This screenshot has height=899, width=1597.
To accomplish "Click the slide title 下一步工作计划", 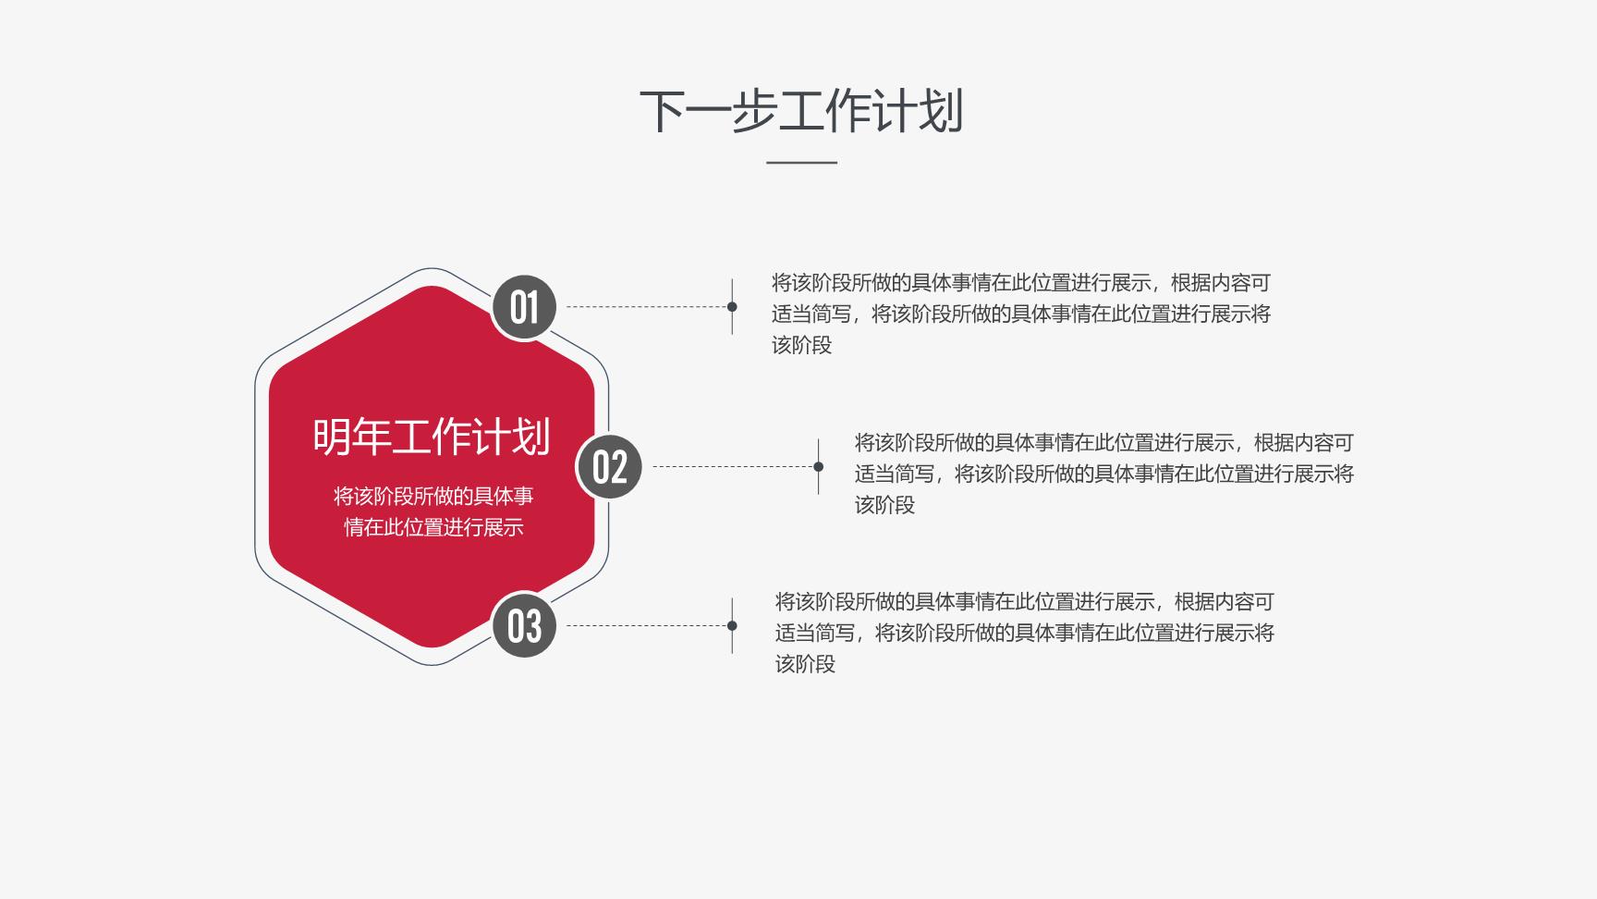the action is [801, 111].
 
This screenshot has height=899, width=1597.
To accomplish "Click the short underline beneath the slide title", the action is [801, 163].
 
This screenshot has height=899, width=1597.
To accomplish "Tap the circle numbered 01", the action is [524, 307].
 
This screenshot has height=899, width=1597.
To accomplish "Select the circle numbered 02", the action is [609, 466].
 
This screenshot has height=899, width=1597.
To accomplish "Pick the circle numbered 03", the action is [524, 625].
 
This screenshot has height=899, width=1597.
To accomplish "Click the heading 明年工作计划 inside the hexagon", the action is [432, 437].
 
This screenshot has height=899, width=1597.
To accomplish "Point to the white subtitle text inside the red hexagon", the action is [433, 511].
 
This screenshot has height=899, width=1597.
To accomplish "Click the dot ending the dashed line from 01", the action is [732, 306].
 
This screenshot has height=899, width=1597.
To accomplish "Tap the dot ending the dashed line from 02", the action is [818, 466].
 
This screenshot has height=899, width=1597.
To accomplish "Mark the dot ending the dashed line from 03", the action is [732, 625].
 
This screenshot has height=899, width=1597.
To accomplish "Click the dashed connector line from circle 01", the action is [646, 306].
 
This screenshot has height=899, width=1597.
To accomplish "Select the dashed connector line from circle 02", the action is [733, 466].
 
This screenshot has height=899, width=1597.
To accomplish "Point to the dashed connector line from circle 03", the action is [646, 625].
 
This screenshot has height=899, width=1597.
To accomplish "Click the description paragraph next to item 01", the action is [1021, 314].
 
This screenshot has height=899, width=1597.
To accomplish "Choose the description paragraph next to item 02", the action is [1104, 474].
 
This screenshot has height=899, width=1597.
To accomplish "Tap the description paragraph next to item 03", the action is [1025, 633].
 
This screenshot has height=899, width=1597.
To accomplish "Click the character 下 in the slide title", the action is [663, 111].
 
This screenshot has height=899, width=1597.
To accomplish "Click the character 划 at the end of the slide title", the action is [941, 111].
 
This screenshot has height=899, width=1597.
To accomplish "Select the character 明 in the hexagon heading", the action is [332, 437].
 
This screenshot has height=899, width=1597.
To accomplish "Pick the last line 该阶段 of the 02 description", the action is [884, 505].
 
